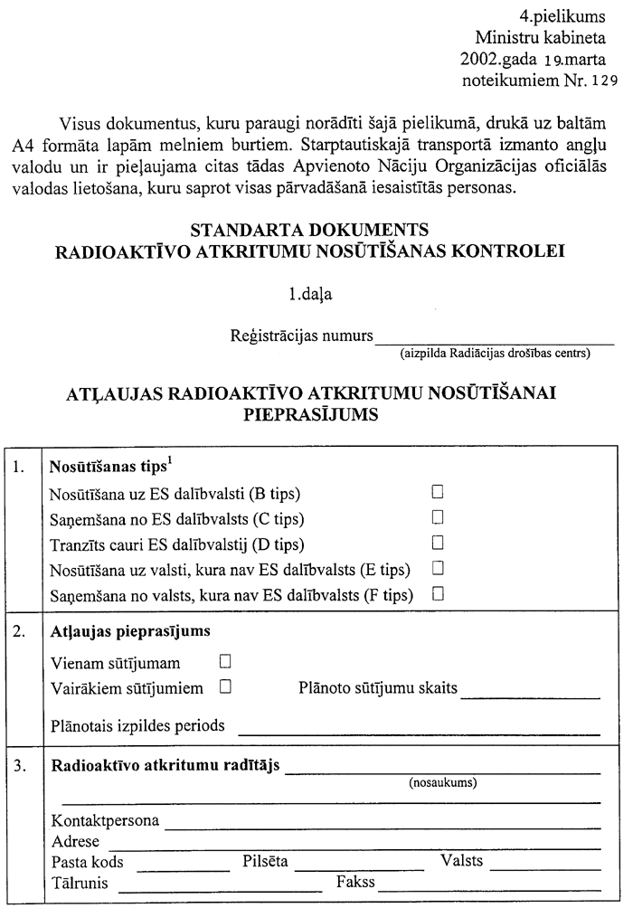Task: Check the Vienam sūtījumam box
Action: [x=225, y=661]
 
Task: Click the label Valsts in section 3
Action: [x=461, y=860]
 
